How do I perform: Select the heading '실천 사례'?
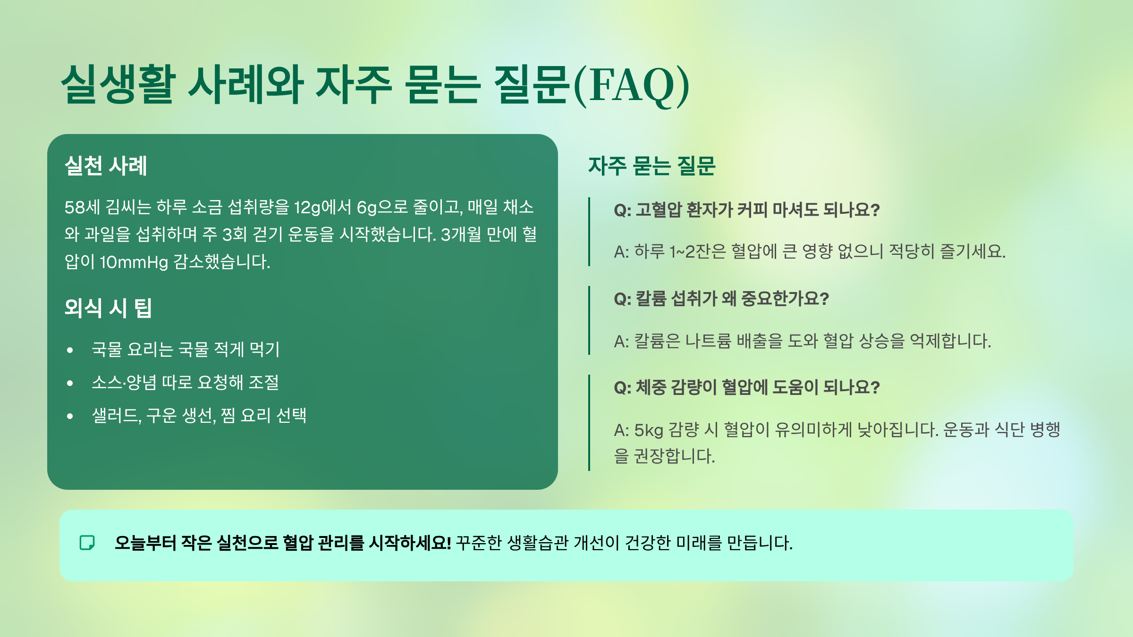(106, 166)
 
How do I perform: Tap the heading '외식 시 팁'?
(108, 308)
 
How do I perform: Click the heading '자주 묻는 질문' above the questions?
(651, 166)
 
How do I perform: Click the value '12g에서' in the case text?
(322, 207)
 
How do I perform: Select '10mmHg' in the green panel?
(134, 262)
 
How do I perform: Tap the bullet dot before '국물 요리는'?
(70, 350)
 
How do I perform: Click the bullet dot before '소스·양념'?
(70, 383)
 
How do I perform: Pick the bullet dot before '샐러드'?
(70, 416)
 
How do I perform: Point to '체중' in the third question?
(651, 387)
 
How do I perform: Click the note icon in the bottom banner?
(87, 543)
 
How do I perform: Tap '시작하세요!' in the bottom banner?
(410, 543)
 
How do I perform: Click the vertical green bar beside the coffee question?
(589, 232)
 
